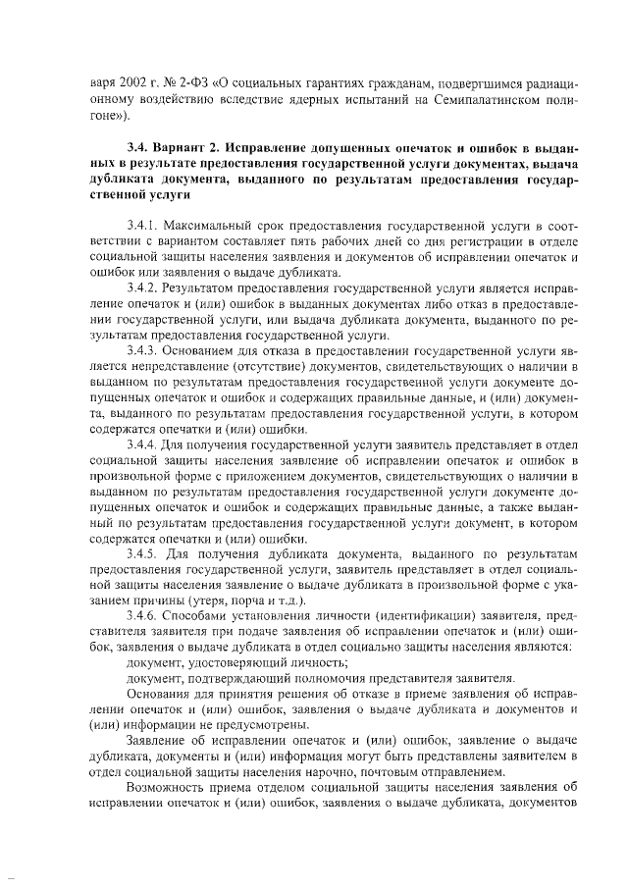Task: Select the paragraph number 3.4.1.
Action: pyautogui.click(x=142, y=226)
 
